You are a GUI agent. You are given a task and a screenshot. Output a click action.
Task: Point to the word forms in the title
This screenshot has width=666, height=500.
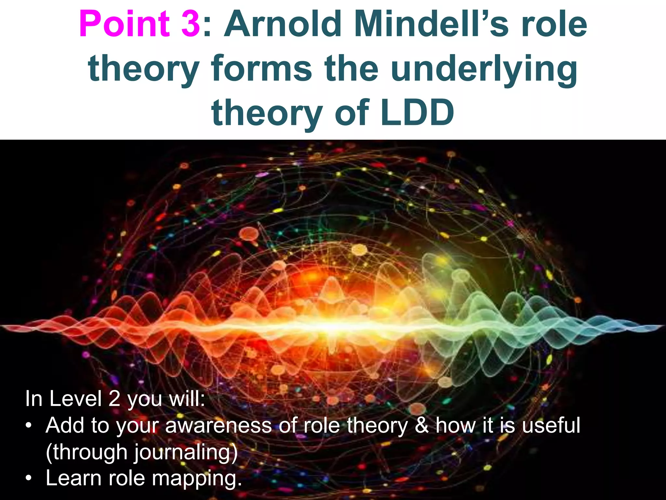(261, 68)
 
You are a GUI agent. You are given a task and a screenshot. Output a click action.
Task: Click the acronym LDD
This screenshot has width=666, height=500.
(418, 113)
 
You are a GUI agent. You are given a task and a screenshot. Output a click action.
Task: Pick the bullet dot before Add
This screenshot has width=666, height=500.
(29, 426)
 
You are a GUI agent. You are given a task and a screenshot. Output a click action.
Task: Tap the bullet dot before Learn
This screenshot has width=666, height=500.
(29, 479)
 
